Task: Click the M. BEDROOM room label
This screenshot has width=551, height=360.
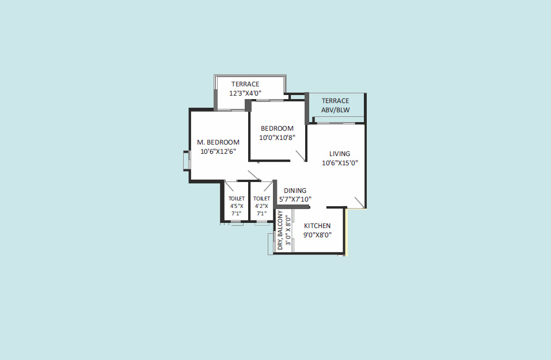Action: point(218,142)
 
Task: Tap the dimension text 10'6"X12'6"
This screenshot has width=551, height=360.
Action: point(218,151)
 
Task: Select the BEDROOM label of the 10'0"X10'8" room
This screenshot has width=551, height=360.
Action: point(278,128)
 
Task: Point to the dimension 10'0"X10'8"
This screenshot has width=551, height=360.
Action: point(278,138)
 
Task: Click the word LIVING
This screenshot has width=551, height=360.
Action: point(340,154)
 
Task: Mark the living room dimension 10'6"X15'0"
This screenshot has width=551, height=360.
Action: point(340,163)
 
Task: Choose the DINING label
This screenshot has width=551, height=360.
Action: point(295,191)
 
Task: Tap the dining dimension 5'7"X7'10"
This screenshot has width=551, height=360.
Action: point(295,199)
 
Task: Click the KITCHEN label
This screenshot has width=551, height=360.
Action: point(317,226)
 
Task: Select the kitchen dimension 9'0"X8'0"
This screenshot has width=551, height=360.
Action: point(317,235)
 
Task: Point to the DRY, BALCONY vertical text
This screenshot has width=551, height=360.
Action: point(280,230)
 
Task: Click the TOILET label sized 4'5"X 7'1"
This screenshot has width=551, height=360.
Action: point(237,199)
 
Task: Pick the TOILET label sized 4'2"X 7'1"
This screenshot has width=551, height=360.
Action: point(262,199)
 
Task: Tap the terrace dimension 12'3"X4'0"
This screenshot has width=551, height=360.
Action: point(245,93)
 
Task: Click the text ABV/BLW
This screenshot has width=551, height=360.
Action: point(336,110)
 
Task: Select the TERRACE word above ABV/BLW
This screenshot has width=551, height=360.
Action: point(336,101)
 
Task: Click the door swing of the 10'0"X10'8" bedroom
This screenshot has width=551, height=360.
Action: point(301,156)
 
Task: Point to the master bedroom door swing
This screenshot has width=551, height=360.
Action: point(254,176)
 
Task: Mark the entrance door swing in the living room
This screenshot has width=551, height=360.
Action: point(359,203)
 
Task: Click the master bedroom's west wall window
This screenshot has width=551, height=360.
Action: point(187,161)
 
